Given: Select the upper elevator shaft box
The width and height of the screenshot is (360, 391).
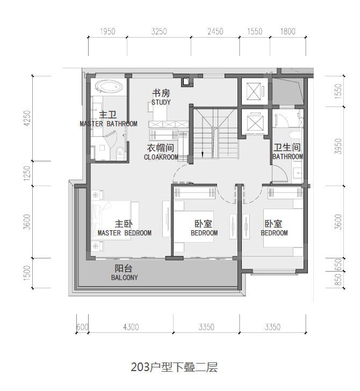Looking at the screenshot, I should point(254,91).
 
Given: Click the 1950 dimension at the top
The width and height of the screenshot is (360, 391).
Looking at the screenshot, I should point(108,32).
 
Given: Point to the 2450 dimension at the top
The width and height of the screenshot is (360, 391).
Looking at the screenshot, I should point(215,32).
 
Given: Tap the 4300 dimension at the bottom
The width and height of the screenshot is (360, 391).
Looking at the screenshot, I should point(131,327).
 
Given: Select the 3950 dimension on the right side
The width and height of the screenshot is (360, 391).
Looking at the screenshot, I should point(338,146).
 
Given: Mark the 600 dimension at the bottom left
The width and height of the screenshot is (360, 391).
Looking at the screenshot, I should point(82,327).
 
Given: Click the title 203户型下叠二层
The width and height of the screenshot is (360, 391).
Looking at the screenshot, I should point(174,368).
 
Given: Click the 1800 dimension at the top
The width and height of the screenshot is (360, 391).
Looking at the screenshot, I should point(288,32).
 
